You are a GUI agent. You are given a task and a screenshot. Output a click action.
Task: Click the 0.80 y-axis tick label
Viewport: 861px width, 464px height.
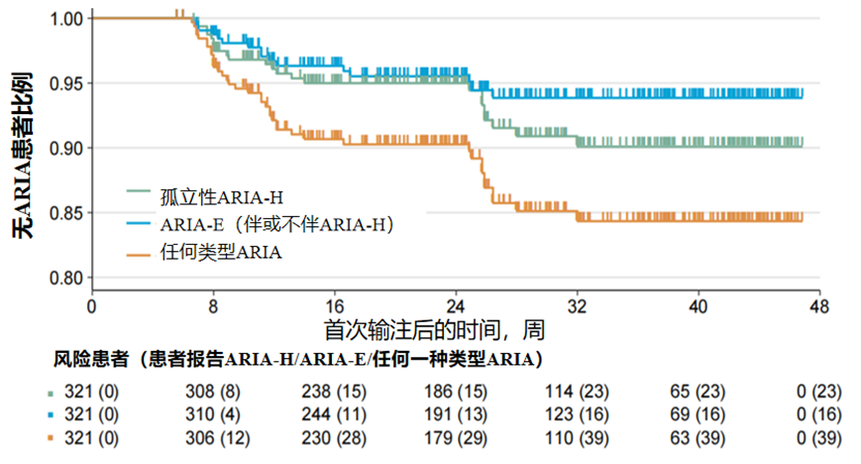pyautogui.click(x=66, y=278)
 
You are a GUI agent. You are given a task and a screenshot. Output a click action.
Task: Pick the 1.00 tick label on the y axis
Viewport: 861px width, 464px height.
pyautogui.click(x=66, y=18)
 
